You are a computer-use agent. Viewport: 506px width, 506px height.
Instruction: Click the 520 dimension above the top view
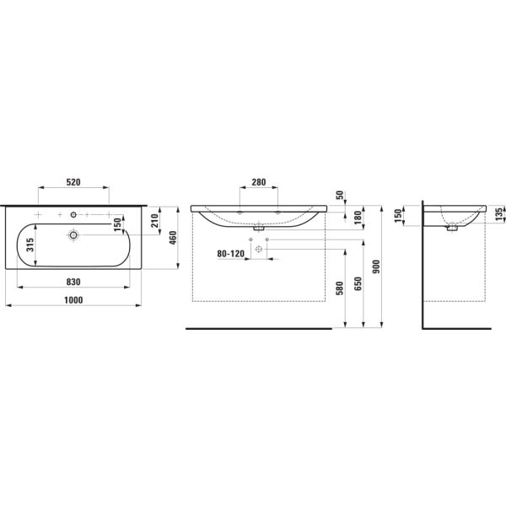click(73, 183)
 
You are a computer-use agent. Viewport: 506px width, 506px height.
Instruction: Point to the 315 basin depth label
click(30, 245)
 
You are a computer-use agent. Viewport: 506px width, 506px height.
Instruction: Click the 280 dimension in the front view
click(257, 183)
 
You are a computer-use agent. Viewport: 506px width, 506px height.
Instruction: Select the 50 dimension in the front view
click(340, 196)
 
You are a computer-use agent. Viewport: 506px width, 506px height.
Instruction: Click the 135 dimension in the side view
click(499, 213)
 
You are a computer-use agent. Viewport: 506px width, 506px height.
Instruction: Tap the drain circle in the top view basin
click(73, 234)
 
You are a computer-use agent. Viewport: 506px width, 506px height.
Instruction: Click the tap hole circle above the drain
click(73, 214)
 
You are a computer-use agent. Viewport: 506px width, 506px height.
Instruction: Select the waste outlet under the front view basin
click(258, 226)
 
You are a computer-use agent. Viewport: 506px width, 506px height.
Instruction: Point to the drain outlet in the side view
click(454, 225)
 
